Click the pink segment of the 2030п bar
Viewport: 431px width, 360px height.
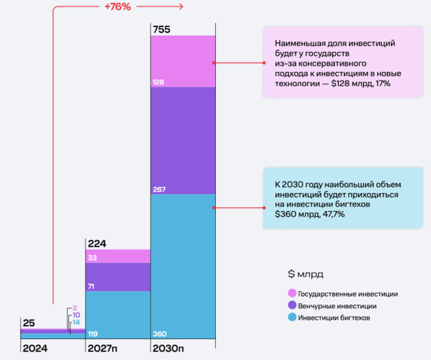point(183,61)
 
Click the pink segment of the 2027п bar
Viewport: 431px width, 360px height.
point(118,256)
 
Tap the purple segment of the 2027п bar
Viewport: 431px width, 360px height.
point(118,277)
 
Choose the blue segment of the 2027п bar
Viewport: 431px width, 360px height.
point(118,312)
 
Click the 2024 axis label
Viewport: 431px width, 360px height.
point(34,348)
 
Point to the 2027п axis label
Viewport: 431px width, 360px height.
point(101,348)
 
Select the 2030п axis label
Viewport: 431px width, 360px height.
point(168,348)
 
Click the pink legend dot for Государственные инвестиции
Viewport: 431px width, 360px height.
point(291,294)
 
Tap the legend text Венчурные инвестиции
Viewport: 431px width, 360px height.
point(338,305)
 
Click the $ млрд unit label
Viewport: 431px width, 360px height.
point(305,273)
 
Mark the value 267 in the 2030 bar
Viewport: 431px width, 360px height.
point(159,188)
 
